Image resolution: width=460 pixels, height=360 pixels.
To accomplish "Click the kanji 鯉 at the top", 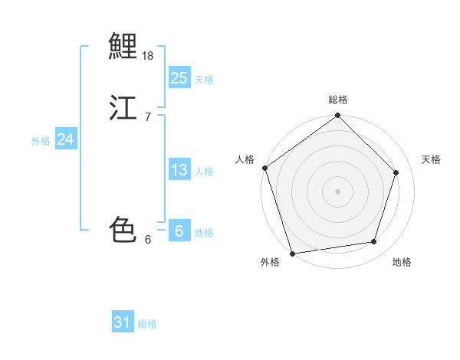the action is (123, 47).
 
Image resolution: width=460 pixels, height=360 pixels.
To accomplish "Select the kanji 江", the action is (123, 108).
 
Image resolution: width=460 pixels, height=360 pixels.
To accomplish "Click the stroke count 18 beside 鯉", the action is (148, 56).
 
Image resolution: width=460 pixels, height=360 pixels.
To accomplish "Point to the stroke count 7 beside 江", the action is (147, 117).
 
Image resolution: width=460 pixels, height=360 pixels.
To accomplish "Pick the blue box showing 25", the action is (179, 78).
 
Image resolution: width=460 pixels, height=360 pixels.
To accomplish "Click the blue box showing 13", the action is (179, 170).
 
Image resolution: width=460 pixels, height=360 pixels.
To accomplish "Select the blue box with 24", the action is (66, 139).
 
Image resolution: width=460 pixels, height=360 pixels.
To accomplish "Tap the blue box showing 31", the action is (123, 322).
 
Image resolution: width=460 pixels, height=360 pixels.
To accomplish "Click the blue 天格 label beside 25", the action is (204, 80).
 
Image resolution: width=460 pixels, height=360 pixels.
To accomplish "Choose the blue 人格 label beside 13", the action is (204, 172).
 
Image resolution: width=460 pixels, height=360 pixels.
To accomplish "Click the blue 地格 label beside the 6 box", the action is (204, 233).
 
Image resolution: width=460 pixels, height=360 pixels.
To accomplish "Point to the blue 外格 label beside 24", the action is (41, 141).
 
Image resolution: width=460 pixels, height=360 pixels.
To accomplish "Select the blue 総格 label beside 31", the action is (147, 324).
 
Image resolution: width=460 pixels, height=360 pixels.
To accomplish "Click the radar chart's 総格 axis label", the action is (338, 100).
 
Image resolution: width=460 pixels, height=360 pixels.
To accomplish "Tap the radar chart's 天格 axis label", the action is (431, 159).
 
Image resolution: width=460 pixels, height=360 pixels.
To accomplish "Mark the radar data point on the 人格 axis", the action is (265, 168).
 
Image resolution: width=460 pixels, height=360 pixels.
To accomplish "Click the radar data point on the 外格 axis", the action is (293, 252).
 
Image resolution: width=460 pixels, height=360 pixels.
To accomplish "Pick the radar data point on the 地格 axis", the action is (374, 241).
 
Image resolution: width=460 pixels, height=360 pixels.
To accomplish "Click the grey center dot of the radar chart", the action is (337, 191).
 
